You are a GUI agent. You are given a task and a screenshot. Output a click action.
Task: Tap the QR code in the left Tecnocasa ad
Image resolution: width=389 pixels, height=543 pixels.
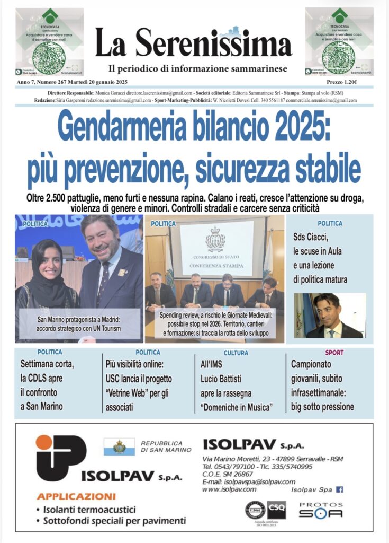[48, 57]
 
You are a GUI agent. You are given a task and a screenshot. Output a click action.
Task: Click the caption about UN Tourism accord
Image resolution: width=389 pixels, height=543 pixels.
[79, 324]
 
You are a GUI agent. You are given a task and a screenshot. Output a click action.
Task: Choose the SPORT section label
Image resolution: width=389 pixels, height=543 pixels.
[334, 352]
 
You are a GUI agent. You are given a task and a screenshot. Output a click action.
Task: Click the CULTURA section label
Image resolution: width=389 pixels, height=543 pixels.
[236, 352]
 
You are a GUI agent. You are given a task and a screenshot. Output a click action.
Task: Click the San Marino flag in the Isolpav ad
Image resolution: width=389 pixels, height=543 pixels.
[119, 446]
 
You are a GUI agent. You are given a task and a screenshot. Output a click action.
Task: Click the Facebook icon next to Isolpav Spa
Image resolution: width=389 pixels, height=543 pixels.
[339, 489]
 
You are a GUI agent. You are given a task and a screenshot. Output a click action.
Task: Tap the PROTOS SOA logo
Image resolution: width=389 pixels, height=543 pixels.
[321, 510]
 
